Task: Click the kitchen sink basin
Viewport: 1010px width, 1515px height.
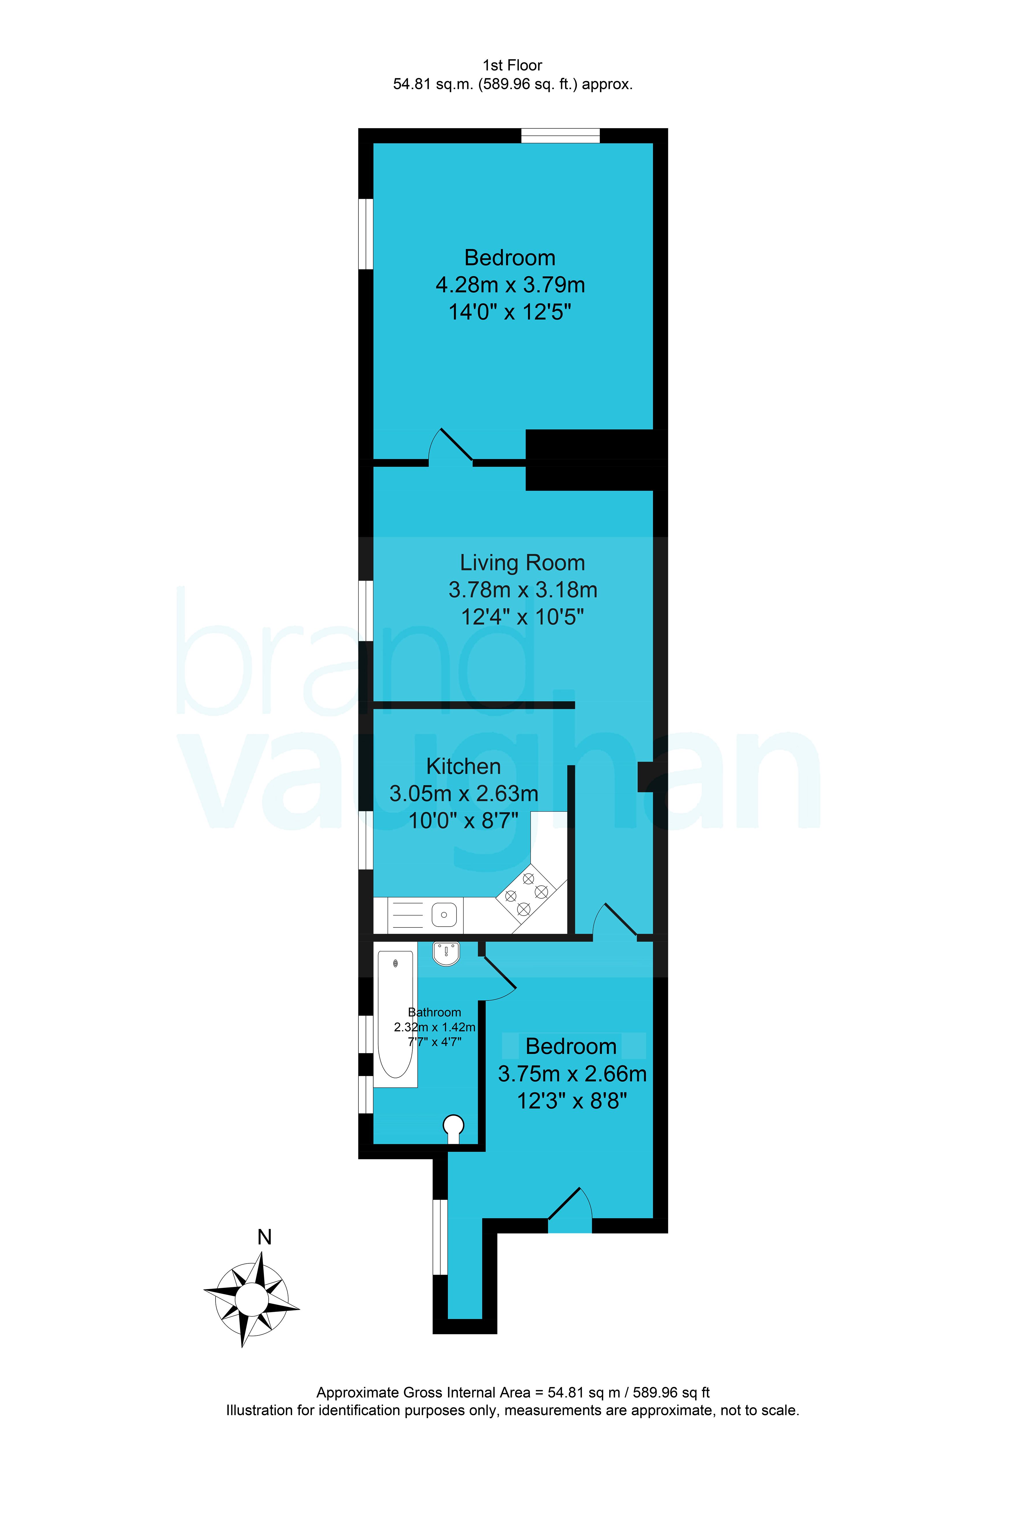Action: click(444, 915)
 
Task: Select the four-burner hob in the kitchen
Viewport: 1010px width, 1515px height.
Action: click(525, 894)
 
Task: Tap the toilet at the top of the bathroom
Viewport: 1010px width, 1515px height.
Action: click(446, 953)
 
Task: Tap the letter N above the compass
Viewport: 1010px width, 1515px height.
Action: click(264, 1237)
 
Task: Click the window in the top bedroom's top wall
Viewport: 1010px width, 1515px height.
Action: click(560, 135)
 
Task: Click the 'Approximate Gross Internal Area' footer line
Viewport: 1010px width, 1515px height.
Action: click(513, 1393)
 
